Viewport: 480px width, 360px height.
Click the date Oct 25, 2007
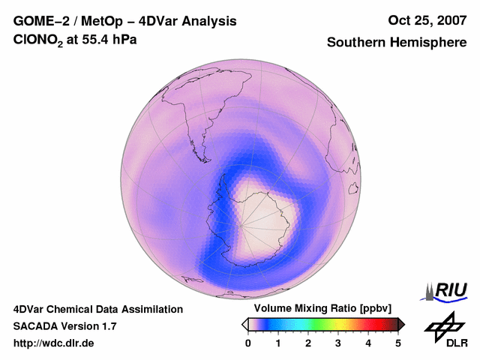(427, 20)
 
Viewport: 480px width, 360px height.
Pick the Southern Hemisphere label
(396, 42)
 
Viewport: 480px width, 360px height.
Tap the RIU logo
(448, 290)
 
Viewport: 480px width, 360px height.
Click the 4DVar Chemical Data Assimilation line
(98, 309)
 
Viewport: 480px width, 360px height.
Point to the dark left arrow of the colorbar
(244, 324)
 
